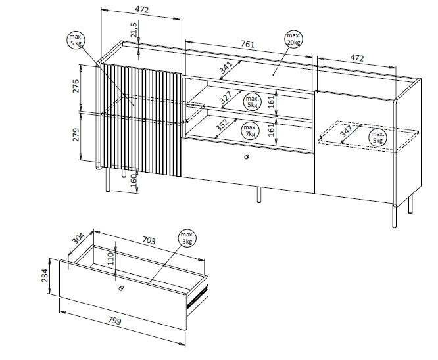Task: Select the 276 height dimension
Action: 76,87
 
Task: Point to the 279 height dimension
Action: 76,135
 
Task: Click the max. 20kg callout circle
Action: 293,38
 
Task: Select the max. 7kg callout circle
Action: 249,129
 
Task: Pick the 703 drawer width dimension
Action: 149,241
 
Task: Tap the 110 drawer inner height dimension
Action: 112,258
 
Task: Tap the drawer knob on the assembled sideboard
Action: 246,156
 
